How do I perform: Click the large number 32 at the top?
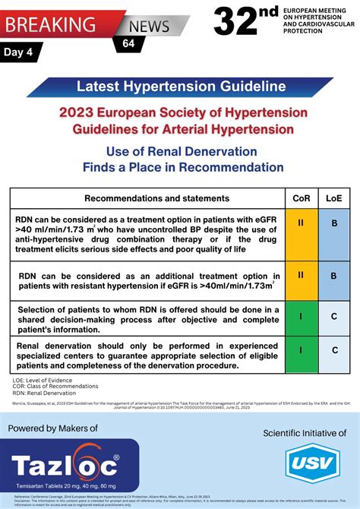[240, 22]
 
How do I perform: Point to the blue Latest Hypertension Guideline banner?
[180, 87]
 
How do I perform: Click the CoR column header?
[301, 198]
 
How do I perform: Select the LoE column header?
[333, 198]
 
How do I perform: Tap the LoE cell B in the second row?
[333, 276]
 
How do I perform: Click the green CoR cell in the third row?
[301, 315]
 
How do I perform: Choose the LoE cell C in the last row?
[333, 349]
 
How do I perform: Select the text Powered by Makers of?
[53, 428]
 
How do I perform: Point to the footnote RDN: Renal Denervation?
[43, 394]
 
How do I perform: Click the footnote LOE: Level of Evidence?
[43, 379]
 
